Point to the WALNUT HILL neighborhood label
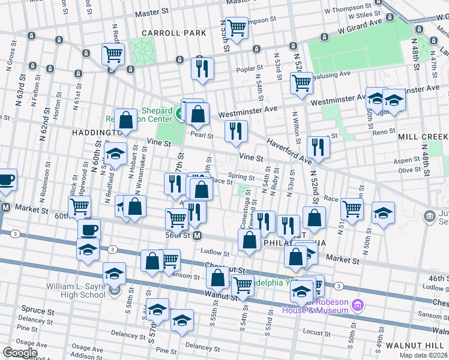click(417, 346)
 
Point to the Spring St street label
click(241, 177)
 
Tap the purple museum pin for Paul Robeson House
click(358, 306)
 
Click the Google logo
click(20, 353)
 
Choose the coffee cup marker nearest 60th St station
click(89, 230)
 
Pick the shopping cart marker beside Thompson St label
click(237, 28)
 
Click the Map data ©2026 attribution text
click(424, 355)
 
